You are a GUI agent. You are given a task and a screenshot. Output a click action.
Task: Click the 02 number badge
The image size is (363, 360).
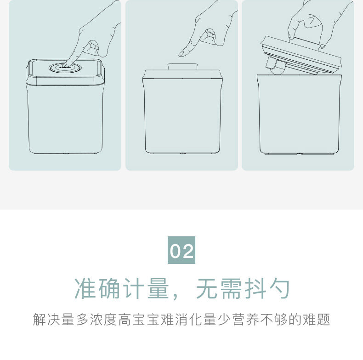pyautogui.click(x=181, y=250)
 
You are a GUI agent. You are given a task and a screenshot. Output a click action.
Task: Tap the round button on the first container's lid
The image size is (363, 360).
pyautogui.click(x=65, y=68)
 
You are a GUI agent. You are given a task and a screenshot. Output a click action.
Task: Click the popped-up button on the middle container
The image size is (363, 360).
pyautogui.click(x=182, y=67)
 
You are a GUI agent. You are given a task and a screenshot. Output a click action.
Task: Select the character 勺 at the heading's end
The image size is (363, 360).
pyautogui.click(x=279, y=289)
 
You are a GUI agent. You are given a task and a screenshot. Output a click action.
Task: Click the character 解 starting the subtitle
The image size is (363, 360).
pyautogui.click(x=40, y=320)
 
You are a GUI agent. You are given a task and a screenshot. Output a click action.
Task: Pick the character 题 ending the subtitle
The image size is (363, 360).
pyautogui.click(x=323, y=320)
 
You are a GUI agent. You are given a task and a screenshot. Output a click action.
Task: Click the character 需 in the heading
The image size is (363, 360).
pyautogui.click(x=231, y=289)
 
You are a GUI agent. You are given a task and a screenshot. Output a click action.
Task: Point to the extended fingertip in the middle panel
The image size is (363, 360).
pyautogui.click(x=182, y=54)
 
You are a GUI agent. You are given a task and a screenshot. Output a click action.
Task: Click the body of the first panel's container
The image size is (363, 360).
pyautogui.click(x=65, y=118)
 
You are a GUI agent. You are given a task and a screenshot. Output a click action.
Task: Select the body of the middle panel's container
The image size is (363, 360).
pyautogui.click(x=182, y=116)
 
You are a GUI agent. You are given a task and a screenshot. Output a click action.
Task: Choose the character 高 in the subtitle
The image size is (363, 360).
pyautogui.click(x=125, y=320)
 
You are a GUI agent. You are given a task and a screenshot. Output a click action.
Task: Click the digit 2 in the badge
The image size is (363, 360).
pyautogui.click(x=188, y=251)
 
